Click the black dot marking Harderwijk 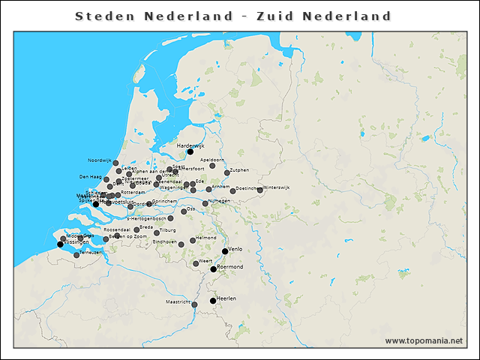coord(190,152)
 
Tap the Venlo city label coord(235,247)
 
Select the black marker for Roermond coord(214,269)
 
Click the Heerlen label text coord(226,298)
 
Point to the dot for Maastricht coord(194,304)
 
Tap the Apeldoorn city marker coord(212,166)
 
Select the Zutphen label coord(239,170)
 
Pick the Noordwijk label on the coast coord(99,160)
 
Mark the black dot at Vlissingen coord(61,244)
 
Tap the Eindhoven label coord(165,241)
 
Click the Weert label coord(205,260)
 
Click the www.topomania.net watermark coord(424,341)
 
